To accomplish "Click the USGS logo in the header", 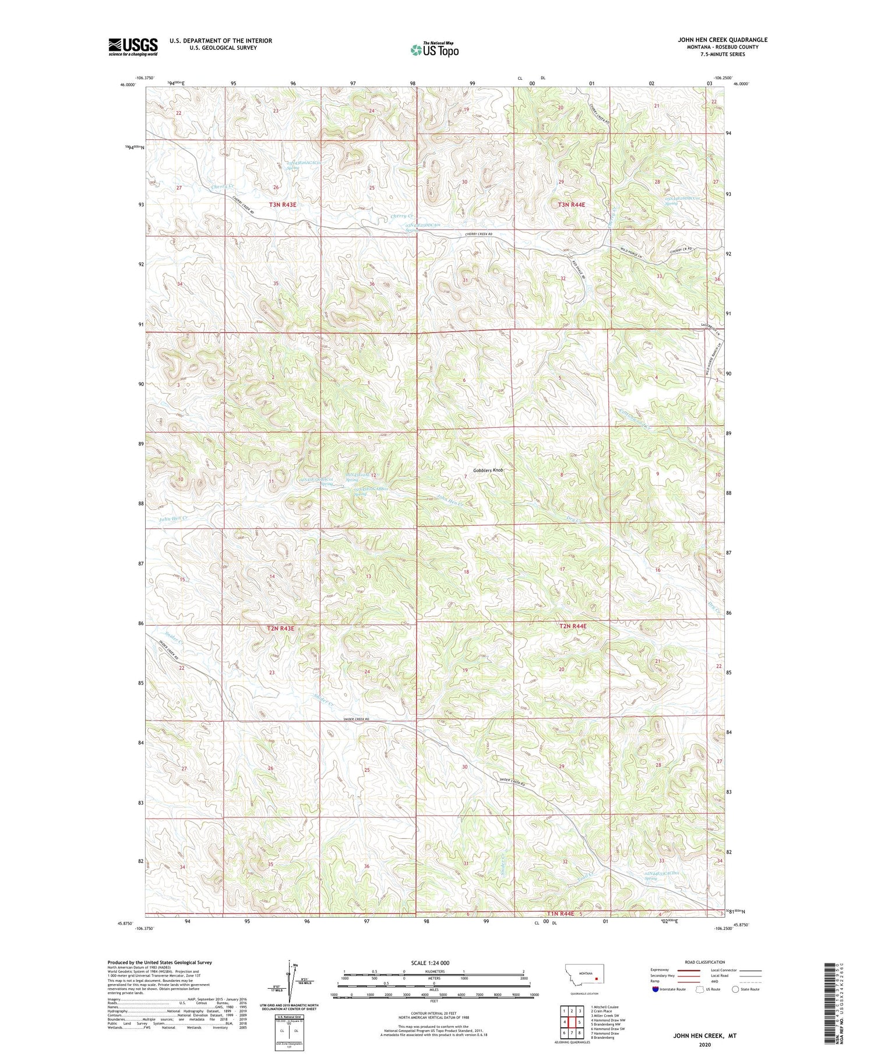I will pos(133,47).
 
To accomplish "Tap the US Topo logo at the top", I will pos(434,50).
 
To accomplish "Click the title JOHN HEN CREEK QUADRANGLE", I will pos(722,40).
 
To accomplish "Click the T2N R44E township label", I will pos(572,626).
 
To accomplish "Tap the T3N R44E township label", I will pos(571,205).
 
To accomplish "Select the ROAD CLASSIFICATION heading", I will pos(705,962).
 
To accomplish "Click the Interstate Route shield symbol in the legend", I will pos(655,989).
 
